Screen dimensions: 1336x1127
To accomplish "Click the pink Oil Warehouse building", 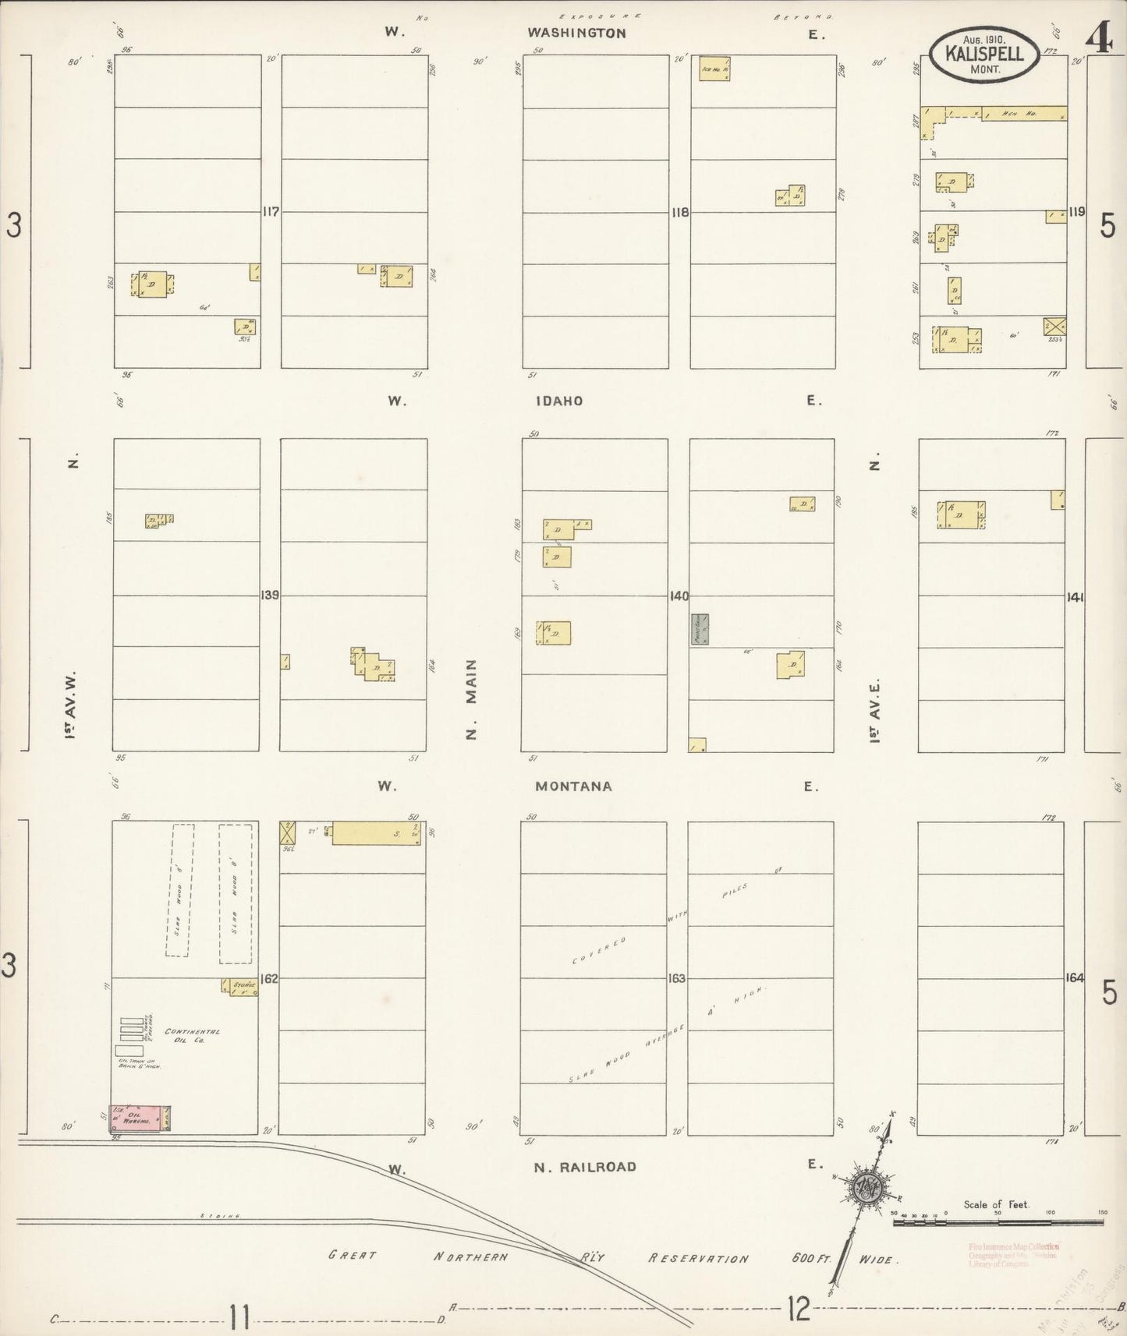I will pyautogui.click(x=141, y=1119).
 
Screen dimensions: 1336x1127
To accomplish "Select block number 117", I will pyautogui.click(x=271, y=211).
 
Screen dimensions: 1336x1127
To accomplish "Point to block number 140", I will pyautogui.click(x=679, y=596).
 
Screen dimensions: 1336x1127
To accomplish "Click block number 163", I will pyautogui.click(x=676, y=977).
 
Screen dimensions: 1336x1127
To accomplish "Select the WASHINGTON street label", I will pyautogui.click(x=576, y=33).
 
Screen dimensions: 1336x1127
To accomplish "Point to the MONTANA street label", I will pyautogui.click(x=573, y=786).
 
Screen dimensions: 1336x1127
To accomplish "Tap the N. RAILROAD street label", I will pyautogui.click(x=585, y=1167).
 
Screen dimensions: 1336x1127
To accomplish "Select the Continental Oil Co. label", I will pyautogui.click(x=191, y=1036).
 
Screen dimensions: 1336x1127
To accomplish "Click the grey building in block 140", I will pyautogui.click(x=699, y=629).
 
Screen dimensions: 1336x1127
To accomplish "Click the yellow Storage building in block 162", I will pyautogui.click(x=239, y=986).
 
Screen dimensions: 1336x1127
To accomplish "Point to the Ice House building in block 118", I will pyautogui.click(x=714, y=69).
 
